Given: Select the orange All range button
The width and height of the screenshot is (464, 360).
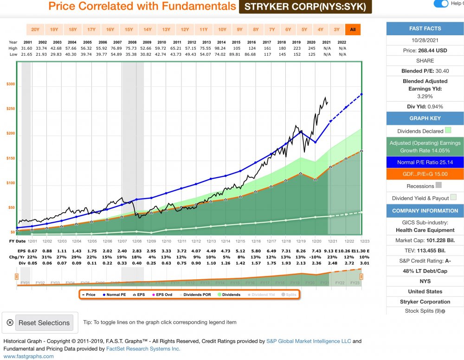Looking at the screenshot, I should [x=353, y=30].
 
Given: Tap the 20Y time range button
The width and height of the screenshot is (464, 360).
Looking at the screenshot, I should [x=35, y=30].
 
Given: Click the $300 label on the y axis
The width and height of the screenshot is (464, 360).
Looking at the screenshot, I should [x=10, y=84].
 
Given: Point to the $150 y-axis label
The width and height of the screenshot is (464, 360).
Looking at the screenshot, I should [x=10, y=159].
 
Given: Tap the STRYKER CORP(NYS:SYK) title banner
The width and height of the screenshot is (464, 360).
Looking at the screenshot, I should [x=305, y=7].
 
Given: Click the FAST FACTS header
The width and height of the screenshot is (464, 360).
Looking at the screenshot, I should [x=425, y=29].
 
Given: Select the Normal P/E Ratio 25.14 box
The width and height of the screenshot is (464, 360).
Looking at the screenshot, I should [x=425, y=162].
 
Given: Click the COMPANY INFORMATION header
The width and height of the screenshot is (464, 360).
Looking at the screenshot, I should [x=425, y=211].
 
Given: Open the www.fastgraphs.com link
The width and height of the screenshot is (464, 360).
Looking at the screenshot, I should [x=29, y=356].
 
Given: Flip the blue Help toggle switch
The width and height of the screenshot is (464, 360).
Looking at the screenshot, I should [x=441, y=4].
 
